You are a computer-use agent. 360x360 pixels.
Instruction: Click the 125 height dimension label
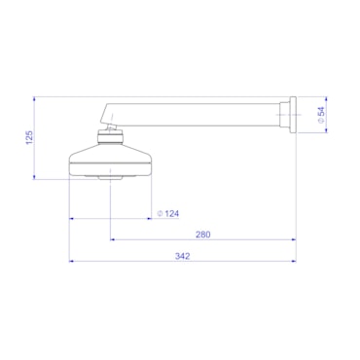[x=30, y=137]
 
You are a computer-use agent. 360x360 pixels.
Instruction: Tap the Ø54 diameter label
[x=322, y=113]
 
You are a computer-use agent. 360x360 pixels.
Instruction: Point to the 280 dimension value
[x=202, y=234]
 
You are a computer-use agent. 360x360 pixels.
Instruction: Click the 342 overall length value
[x=182, y=256]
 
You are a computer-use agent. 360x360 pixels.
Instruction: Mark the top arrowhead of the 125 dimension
[x=37, y=97]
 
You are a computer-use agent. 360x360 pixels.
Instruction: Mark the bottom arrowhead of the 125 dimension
[x=37, y=177]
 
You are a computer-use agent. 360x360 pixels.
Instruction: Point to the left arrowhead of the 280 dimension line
[x=112, y=239]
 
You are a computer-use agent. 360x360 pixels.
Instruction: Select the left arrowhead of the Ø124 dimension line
[x=71, y=219]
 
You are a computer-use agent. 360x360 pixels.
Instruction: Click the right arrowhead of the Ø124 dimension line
[x=151, y=219]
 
